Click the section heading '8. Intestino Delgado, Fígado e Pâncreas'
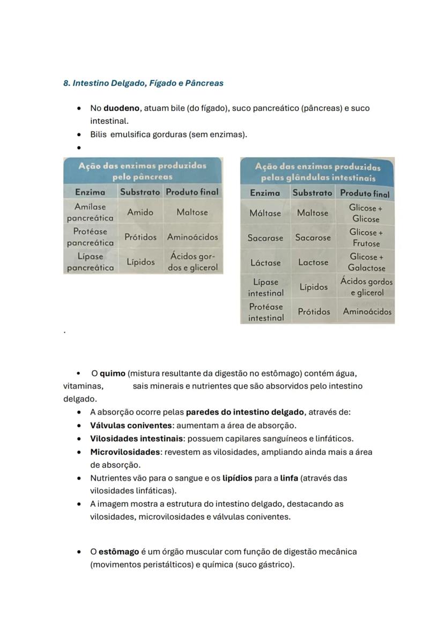click(143, 83)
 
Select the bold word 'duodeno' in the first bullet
click(122, 108)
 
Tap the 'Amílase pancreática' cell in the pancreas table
click(90, 212)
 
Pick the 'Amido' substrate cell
click(140, 212)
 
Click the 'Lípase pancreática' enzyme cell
click(90, 262)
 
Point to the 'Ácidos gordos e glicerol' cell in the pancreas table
click(193, 262)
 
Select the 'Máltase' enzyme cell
click(265, 213)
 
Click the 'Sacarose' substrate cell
click(313, 238)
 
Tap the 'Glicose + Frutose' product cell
click(366, 238)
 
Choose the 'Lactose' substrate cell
click(313, 262)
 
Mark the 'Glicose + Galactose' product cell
click(366, 262)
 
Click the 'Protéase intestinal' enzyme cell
click(265, 312)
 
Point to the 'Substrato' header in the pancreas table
click(140, 191)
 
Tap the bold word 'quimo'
click(112, 373)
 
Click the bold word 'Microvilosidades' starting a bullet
click(125, 452)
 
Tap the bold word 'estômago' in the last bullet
click(119, 552)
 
